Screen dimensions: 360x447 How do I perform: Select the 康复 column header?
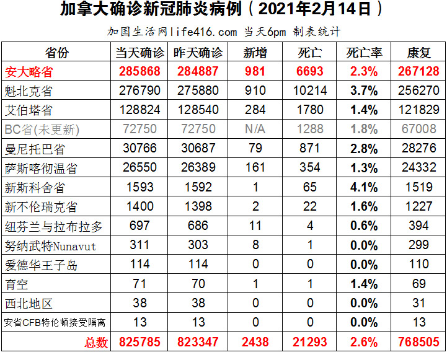(418, 52)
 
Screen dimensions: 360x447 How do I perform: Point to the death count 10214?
(310, 90)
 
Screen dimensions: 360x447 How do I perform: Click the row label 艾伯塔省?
(29, 110)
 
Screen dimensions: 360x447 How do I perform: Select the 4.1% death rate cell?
(364, 188)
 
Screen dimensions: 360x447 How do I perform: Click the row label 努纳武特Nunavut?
(50, 246)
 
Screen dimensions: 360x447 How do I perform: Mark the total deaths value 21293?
(310, 342)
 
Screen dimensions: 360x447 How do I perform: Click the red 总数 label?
(95, 342)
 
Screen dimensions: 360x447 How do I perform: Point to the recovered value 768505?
(418, 342)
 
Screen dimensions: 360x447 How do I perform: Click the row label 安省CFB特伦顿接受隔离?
(55, 323)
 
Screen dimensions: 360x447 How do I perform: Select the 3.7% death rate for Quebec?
(364, 90)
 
